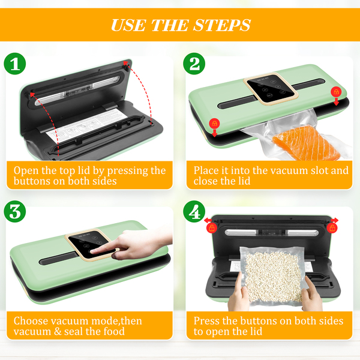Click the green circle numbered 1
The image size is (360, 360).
coord(15,64)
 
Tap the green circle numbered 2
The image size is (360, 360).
coord(194,64)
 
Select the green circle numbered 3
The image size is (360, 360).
coord(15,211)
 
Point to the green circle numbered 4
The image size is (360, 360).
coord(194,211)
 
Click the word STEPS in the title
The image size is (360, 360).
coord(222,25)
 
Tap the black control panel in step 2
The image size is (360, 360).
coord(271,89)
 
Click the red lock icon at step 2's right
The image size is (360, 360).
coord(336,92)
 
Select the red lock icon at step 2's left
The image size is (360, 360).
coord(214,124)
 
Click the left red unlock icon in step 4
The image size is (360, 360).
coord(211,228)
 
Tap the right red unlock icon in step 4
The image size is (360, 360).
coord(332,228)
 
